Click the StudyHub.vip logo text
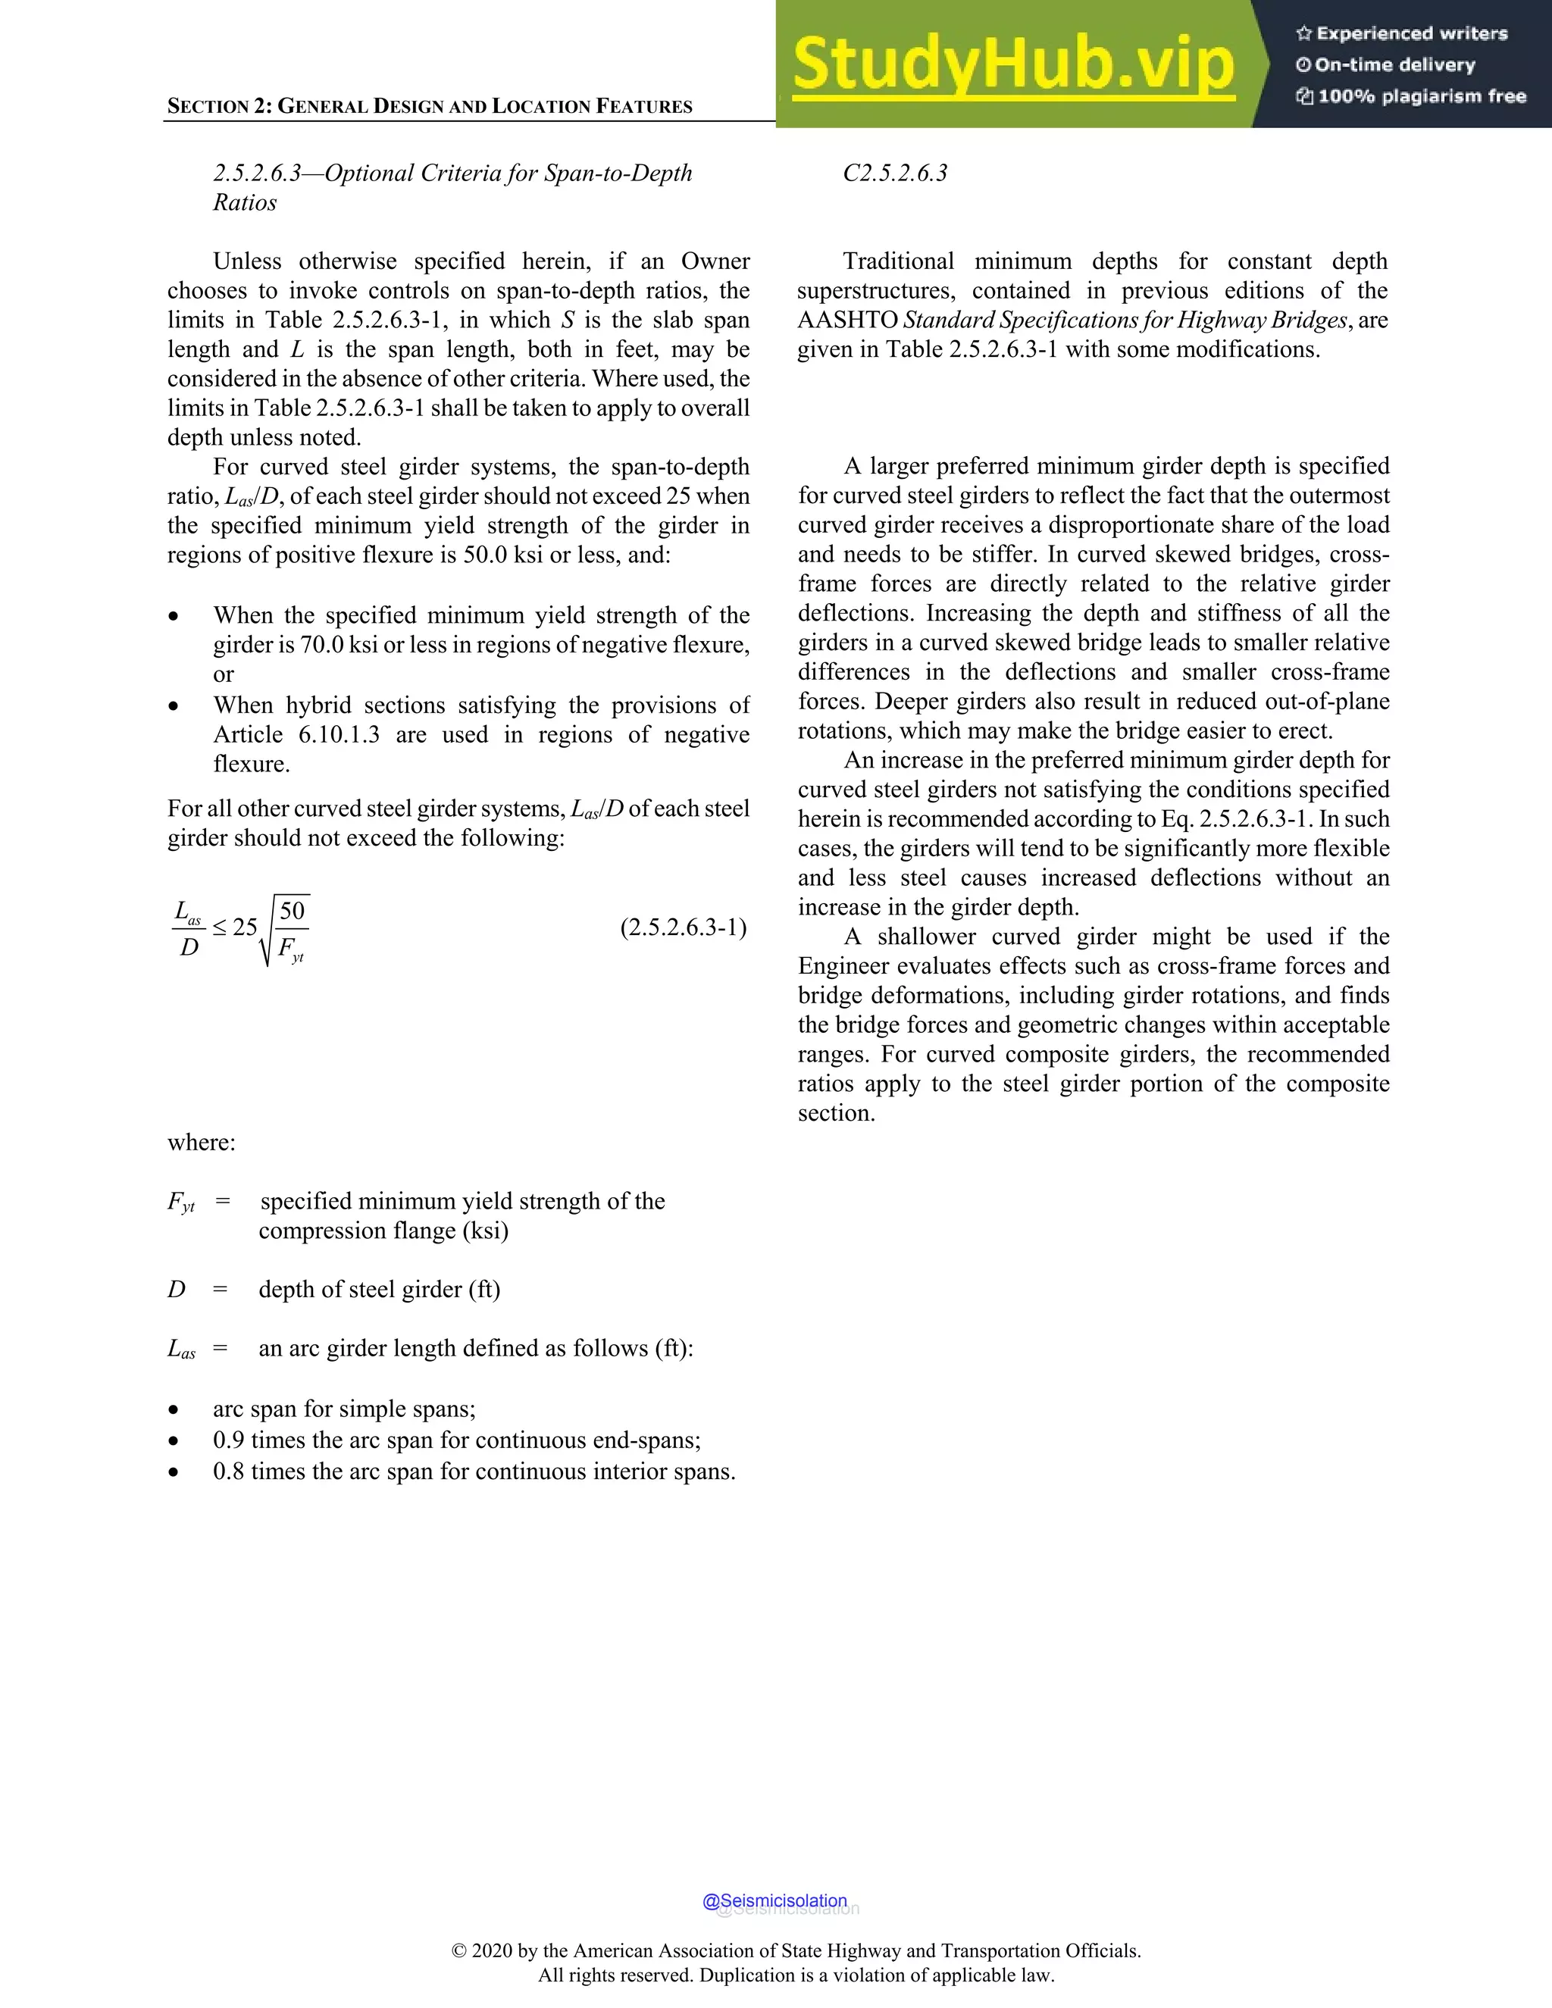1013,64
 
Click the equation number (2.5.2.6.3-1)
683,927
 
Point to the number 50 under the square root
292,911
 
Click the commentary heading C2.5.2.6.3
895,174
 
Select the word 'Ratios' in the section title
245,202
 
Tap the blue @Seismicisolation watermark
774,1900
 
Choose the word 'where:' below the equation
202,1143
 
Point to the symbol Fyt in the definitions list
181,1203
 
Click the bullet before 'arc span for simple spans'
174,1410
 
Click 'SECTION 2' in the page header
219,106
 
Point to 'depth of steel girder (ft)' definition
379,1289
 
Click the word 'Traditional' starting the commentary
897,261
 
